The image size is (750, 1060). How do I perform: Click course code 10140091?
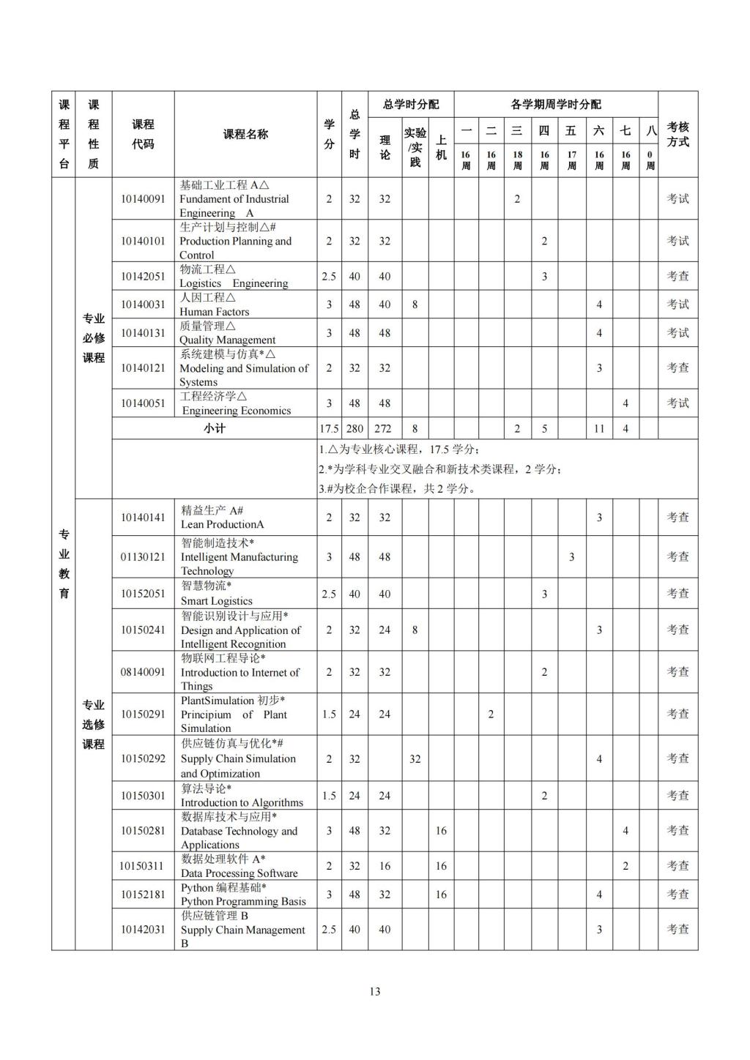(x=143, y=198)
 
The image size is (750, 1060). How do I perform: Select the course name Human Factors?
(x=214, y=311)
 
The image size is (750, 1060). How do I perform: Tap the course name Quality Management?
(x=227, y=340)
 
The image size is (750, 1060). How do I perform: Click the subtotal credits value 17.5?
(x=329, y=429)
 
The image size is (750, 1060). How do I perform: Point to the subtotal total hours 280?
(x=354, y=429)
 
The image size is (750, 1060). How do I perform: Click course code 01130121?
(x=143, y=557)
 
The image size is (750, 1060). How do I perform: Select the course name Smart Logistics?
(x=216, y=601)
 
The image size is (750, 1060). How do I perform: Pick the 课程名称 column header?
(x=245, y=134)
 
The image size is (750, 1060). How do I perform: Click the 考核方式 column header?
(x=677, y=134)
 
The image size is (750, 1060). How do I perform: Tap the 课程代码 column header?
(x=143, y=134)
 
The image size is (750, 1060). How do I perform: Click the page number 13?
(x=375, y=992)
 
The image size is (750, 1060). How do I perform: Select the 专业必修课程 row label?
(x=93, y=338)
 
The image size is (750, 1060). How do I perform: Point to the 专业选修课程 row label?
(x=93, y=725)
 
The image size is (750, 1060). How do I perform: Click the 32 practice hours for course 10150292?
(x=415, y=759)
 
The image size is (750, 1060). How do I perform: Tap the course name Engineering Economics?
(x=237, y=411)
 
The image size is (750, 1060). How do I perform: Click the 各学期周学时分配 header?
(x=556, y=105)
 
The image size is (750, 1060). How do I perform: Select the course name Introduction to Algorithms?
(x=242, y=802)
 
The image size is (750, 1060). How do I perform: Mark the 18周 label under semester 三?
(x=517, y=160)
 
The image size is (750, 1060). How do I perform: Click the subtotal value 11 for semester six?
(x=599, y=429)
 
